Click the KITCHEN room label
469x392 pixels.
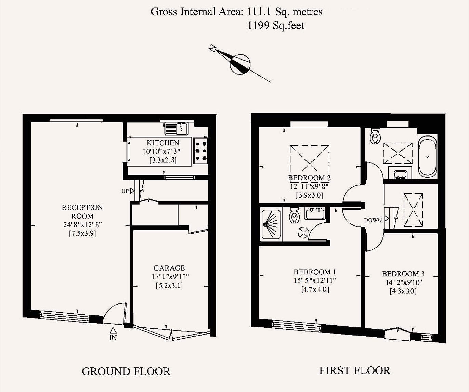tap(163, 143)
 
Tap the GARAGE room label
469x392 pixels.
tap(169, 268)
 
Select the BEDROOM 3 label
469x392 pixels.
tap(403, 274)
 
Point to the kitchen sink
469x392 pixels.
tap(176, 129)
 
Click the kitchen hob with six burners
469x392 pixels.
tap(201, 151)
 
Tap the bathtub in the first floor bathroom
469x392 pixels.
tap(428, 156)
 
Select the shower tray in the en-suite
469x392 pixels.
tap(271, 225)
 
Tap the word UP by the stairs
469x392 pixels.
tap(125, 191)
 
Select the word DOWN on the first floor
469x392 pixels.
tap(373, 220)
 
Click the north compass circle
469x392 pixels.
tap(240, 64)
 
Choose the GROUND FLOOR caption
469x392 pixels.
tap(126, 371)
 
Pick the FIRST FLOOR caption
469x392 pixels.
tap(355, 371)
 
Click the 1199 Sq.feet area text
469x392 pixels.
tap(276, 25)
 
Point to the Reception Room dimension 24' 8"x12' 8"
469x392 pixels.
tap(82, 225)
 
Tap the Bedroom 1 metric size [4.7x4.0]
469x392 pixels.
tap(315, 289)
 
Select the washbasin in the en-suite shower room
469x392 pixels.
tap(315, 213)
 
